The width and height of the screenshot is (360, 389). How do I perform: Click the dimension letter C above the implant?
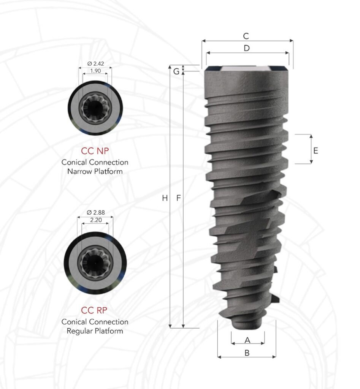pos(246,36)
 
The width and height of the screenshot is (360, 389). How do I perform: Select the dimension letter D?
pos(247,48)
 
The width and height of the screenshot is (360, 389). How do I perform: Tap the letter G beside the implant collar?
pos(176,71)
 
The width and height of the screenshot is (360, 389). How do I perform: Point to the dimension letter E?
pos(316,150)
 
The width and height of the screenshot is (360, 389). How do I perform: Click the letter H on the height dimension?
pos(165,198)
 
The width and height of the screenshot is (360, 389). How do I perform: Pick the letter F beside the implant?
pos(179,198)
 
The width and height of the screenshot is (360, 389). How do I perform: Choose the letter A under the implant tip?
pos(247,340)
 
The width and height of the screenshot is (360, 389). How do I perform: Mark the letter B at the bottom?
pos(247,353)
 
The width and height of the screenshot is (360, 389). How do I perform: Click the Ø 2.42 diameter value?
pos(95,63)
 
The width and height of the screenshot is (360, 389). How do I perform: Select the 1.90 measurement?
pos(95,71)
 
